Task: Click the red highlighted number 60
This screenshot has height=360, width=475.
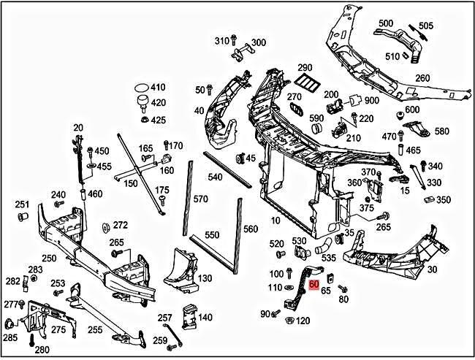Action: click(314, 285)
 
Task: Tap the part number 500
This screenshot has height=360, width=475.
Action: click(385, 23)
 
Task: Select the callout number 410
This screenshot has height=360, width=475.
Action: click(158, 88)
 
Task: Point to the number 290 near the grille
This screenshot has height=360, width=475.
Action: click(305, 68)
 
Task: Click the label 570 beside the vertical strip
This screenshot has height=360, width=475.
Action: click(200, 199)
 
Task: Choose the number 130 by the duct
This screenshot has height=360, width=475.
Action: click(205, 278)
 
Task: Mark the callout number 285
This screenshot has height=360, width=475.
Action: click(9, 338)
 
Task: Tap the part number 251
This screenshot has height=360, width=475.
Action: click(23, 204)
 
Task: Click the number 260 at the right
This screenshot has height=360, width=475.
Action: click(422, 78)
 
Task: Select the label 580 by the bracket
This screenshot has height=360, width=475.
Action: click(441, 131)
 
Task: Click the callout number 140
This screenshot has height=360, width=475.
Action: click(205, 317)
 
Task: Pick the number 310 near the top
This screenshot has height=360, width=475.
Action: click(222, 41)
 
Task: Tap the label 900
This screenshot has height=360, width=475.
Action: click(371, 100)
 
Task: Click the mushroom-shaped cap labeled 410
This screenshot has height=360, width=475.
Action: click(139, 90)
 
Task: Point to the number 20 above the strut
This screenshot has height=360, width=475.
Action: click(78, 128)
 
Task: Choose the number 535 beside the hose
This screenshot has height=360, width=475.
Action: click(328, 258)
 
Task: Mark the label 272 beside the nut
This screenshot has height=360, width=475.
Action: click(121, 225)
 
